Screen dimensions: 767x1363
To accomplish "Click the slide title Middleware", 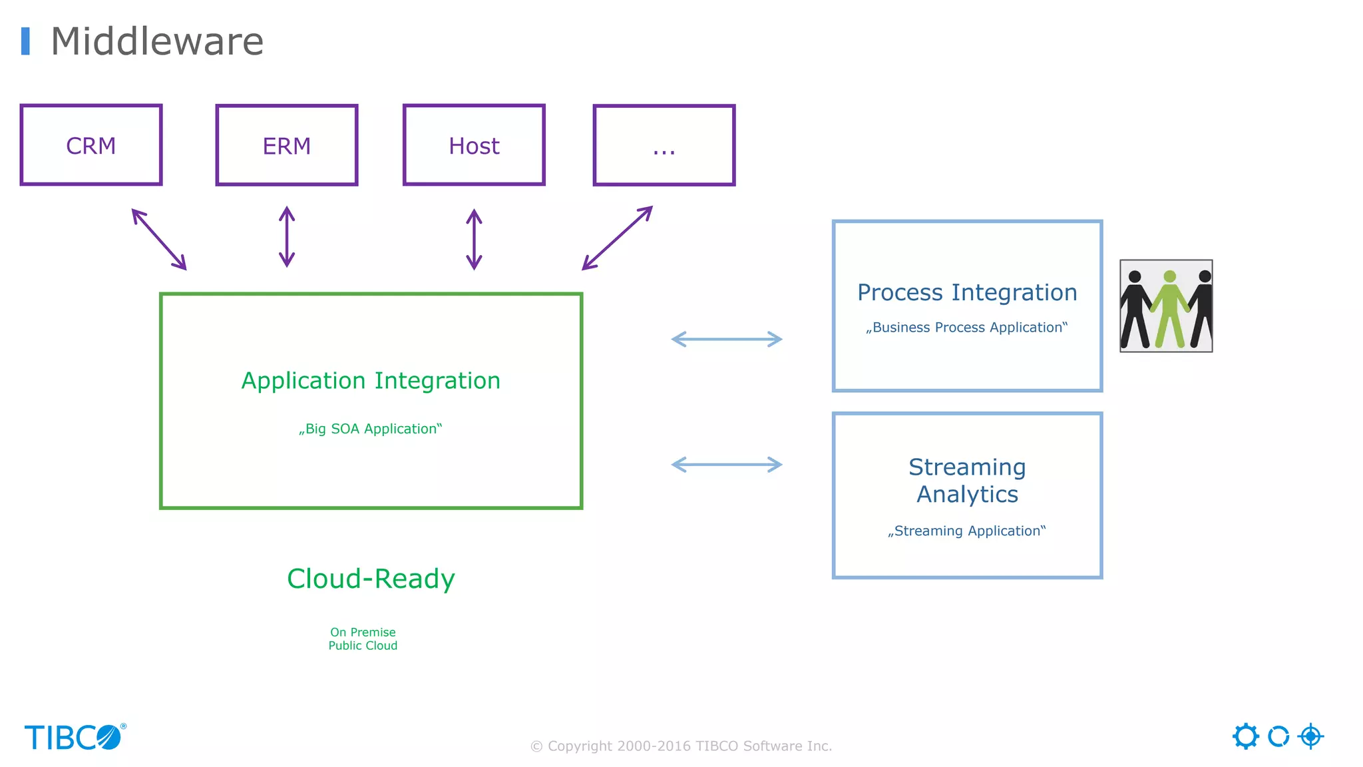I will [157, 41].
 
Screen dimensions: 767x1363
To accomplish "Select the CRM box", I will [91, 145].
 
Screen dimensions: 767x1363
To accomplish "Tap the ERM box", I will [287, 145].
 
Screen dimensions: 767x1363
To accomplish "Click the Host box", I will [474, 145].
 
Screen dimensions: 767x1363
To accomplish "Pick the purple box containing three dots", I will [664, 145].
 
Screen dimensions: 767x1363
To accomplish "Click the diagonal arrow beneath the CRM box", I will [159, 239].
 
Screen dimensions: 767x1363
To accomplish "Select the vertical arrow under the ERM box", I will [287, 236].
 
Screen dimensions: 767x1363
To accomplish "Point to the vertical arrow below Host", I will [474, 239].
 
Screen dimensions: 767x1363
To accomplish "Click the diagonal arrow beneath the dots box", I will [617, 238].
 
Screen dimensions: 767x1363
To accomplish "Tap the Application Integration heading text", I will [371, 381].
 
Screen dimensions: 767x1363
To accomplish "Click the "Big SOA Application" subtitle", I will [371, 429].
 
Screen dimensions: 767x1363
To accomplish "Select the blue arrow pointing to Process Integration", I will [727, 340].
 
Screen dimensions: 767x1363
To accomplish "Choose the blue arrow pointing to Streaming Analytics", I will [727, 465].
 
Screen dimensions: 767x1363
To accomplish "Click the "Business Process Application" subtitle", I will [966, 328].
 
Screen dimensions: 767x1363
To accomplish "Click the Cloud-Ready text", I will [371, 579].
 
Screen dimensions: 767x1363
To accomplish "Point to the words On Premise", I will [363, 632].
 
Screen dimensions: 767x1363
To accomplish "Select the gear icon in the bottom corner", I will [1245, 736].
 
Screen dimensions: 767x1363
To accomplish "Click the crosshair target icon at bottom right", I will [1310, 736].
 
